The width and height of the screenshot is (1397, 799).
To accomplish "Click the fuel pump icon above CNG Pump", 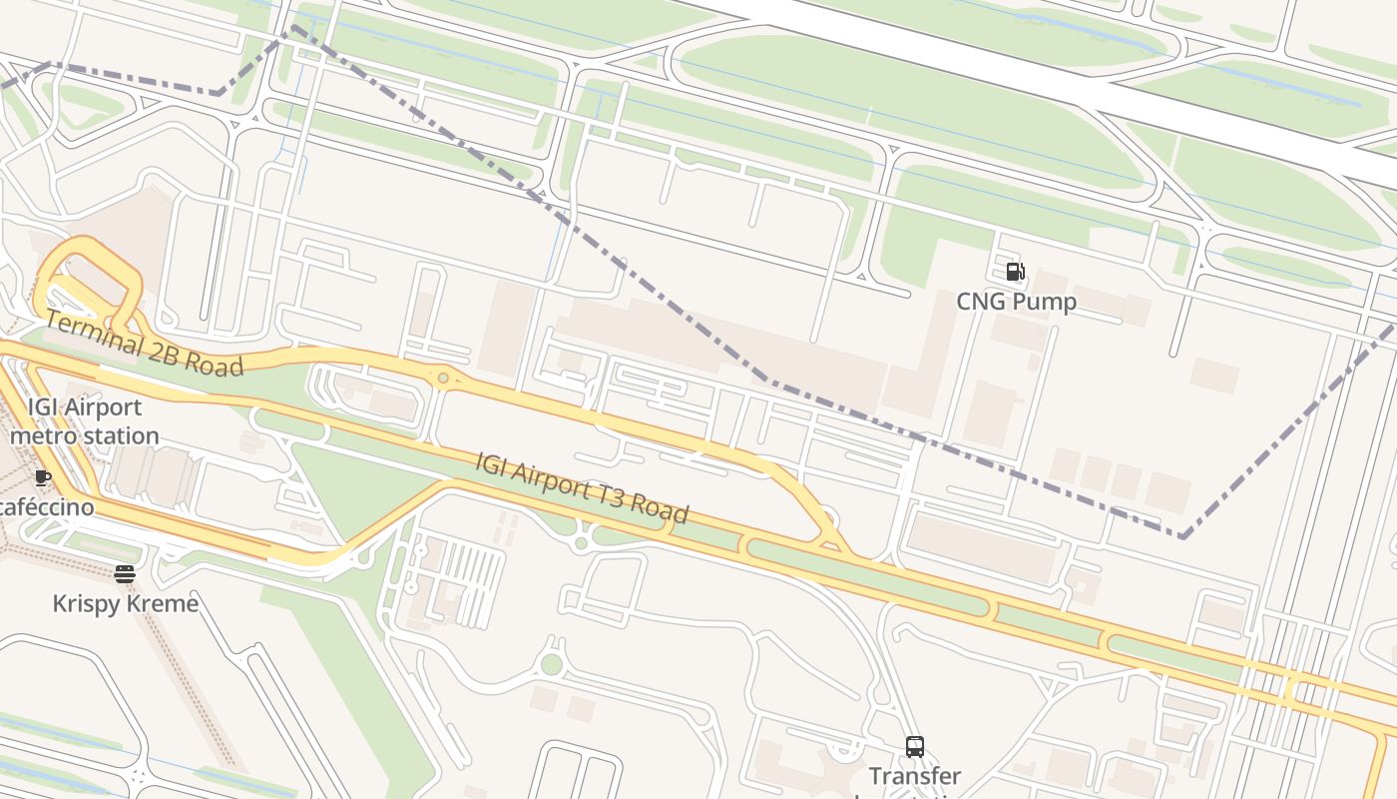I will coord(1015,272).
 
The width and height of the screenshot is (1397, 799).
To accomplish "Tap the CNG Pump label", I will coord(1016,302).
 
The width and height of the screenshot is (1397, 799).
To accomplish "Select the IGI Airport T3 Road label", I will coord(582,488).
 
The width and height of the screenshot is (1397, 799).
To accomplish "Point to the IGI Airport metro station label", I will coord(84,421).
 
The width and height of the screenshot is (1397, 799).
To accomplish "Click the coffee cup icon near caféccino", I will coord(42,478).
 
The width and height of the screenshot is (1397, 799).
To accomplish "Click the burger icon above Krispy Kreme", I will coord(124,573).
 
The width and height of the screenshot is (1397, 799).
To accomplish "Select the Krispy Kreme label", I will coord(125,604).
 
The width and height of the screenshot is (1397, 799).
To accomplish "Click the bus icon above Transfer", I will coord(914,746).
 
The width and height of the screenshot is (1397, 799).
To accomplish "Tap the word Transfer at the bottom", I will coord(914,776).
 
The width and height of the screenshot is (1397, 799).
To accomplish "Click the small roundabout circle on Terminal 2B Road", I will coord(443,379).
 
